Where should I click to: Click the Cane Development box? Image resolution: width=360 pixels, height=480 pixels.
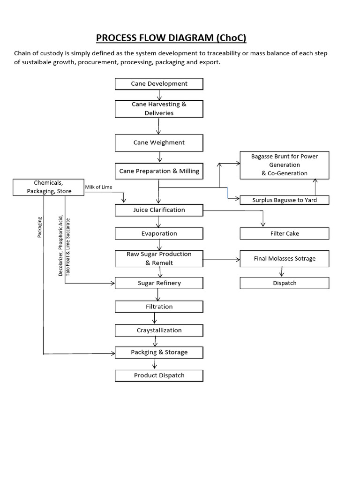(159, 84)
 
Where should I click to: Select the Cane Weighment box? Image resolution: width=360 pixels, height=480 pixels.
(159, 142)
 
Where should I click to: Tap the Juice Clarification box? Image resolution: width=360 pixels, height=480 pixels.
(159, 210)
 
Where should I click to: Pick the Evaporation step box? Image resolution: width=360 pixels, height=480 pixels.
(159, 233)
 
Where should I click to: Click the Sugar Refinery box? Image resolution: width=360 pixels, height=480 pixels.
(159, 283)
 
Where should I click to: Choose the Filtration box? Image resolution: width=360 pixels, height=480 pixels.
(159, 307)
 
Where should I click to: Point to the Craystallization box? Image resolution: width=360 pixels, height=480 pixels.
(159, 330)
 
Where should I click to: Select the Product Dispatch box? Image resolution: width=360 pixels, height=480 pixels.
(159, 375)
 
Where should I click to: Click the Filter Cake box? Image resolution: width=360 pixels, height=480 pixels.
(284, 233)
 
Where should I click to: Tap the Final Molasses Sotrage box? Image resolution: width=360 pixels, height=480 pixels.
(284, 258)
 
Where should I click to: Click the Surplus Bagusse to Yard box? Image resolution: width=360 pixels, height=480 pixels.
(284, 200)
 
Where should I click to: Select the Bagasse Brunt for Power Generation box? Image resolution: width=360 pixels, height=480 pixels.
(284, 165)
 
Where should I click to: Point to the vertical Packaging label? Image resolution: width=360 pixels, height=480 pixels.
(40, 227)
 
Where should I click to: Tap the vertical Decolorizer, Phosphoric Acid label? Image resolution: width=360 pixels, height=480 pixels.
(60, 246)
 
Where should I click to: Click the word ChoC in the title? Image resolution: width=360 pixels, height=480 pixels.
(230, 37)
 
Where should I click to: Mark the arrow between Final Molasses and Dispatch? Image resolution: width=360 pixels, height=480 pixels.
(282, 272)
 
